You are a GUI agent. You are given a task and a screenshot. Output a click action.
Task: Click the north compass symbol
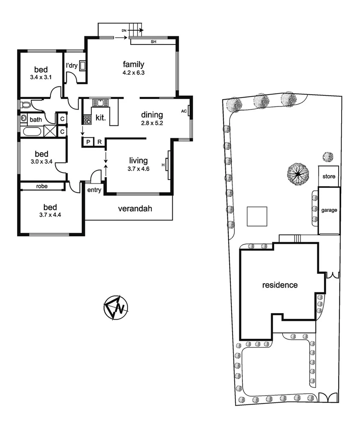tap(115, 308)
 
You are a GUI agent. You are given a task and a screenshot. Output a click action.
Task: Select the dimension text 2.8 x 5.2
tap(152, 123)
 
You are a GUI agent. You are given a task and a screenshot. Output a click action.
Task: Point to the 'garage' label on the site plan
tap(329, 210)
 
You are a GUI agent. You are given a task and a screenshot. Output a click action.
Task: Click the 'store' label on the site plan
tap(329, 176)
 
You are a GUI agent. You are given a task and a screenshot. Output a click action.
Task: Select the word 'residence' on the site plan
tap(280, 285)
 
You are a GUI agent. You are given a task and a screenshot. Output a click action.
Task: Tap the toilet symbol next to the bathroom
tap(25, 104)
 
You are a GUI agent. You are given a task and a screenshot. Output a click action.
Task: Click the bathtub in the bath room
tap(31, 131)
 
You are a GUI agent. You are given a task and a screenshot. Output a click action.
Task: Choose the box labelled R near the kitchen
tap(99, 142)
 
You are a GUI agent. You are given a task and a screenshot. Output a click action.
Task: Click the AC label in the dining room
tap(184, 111)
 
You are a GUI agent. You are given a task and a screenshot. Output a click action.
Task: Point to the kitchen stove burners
tap(87, 120)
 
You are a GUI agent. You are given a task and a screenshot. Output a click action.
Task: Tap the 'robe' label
tap(41, 186)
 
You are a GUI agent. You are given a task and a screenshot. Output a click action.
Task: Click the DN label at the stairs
tap(124, 31)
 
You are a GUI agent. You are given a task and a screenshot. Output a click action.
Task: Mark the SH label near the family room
tap(153, 42)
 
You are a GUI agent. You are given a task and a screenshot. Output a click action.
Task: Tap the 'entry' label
tap(94, 190)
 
